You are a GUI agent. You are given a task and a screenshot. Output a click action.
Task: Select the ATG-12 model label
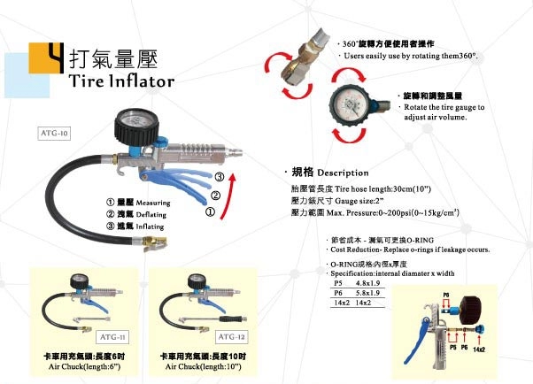pyautogui.click(x=232, y=336)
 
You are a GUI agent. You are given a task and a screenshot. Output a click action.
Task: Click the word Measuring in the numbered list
pyautogui.click(x=153, y=202)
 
